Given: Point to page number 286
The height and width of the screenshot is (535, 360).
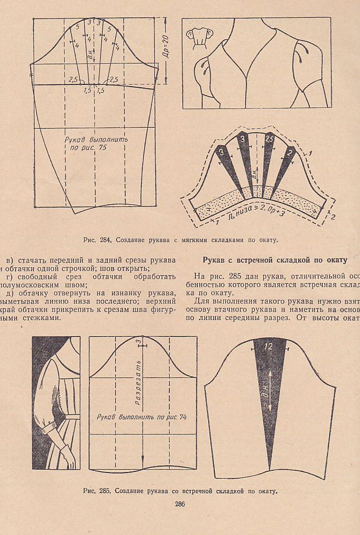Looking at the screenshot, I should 180,504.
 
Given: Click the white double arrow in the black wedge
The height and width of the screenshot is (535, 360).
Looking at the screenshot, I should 268,388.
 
